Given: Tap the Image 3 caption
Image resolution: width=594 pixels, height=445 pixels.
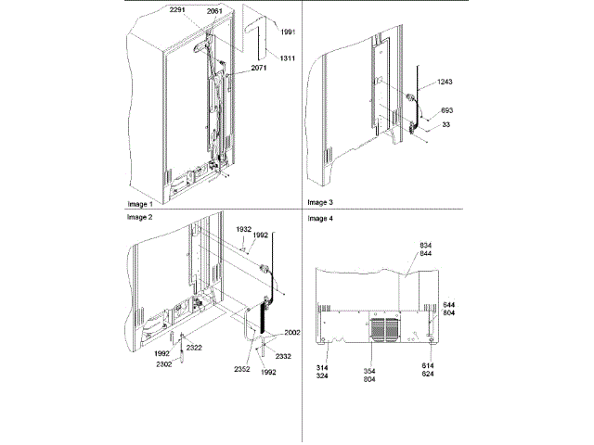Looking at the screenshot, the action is click(320, 201).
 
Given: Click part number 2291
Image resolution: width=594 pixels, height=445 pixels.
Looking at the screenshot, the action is click(178, 10).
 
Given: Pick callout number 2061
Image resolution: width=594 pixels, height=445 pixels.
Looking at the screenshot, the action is click(214, 10).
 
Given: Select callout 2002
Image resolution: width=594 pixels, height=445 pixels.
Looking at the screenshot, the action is click(291, 332).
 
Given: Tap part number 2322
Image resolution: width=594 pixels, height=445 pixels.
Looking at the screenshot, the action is click(195, 347).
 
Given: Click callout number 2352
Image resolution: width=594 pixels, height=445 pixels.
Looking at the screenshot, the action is click(245, 367).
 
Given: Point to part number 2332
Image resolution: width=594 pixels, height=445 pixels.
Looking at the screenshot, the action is click(284, 356).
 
